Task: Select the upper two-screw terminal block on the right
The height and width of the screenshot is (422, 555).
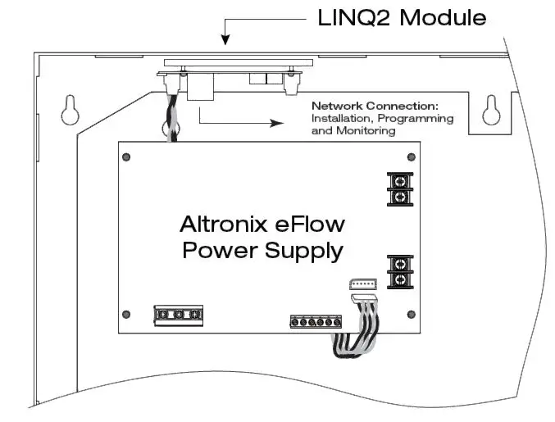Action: [x=399, y=189]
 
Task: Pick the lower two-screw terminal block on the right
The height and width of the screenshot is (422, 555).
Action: [x=400, y=271]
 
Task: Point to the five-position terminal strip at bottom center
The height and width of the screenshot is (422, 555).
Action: [x=315, y=322]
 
